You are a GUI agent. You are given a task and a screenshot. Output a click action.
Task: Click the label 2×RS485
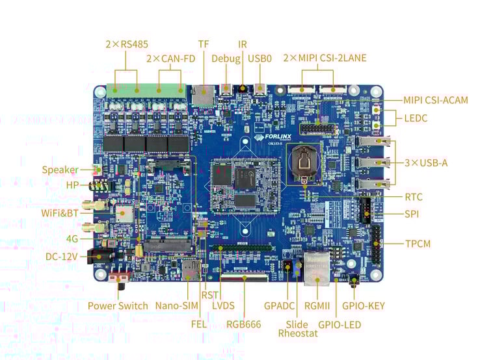[x=127, y=44]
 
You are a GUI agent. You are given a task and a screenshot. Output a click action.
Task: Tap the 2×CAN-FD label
[x=170, y=58]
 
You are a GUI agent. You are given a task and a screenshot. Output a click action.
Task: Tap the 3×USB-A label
[x=426, y=162]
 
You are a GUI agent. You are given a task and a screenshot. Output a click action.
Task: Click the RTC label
[x=414, y=196]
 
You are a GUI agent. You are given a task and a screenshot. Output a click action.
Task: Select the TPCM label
[x=418, y=244]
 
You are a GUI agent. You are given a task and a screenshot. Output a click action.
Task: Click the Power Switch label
[x=118, y=305]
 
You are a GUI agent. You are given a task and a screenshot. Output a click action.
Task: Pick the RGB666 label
[x=244, y=324]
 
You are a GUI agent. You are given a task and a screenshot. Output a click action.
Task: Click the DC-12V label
[x=62, y=257]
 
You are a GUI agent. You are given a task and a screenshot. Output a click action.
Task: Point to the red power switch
[x=119, y=281]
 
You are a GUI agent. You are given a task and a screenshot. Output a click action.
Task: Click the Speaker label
[x=60, y=170]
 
